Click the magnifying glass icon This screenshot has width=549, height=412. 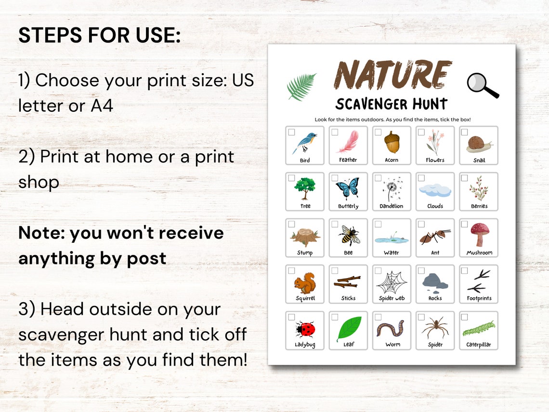click(x=482, y=85)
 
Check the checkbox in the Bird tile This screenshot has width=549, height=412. click(x=291, y=132)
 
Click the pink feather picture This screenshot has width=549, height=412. click(x=348, y=142)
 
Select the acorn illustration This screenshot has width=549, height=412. click(x=392, y=142)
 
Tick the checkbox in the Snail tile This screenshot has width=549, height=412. click(x=464, y=132)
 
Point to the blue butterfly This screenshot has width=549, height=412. click(x=348, y=188)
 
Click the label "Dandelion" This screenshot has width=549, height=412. click(x=392, y=206)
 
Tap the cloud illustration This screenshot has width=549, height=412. click(x=435, y=190)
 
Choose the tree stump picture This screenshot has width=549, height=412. click(x=304, y=236)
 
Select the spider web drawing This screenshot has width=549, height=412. click(x=392, y=282)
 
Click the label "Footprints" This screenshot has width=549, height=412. click(x=479, y=298)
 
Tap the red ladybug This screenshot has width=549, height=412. click(x=305, y=330)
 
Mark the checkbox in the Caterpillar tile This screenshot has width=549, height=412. click(x=464, y=317)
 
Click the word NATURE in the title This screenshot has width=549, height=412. click(x=393, y=75)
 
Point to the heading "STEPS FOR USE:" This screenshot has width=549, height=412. click(x=99, y=36)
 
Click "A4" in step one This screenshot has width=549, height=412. click(x=102, y=106)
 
